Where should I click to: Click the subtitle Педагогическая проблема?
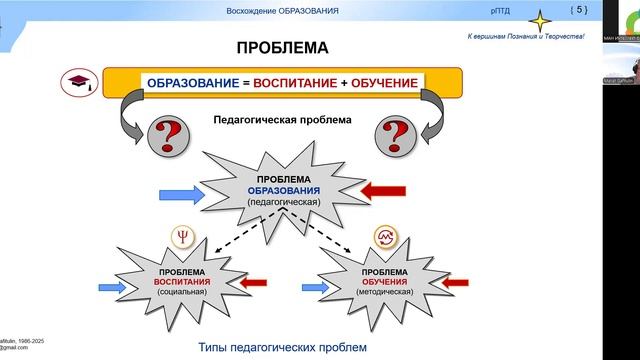coord(282,120)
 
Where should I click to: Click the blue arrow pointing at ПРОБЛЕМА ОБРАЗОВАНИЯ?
coord(183,189)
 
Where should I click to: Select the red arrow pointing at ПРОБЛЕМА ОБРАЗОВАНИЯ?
coord(383,189)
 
